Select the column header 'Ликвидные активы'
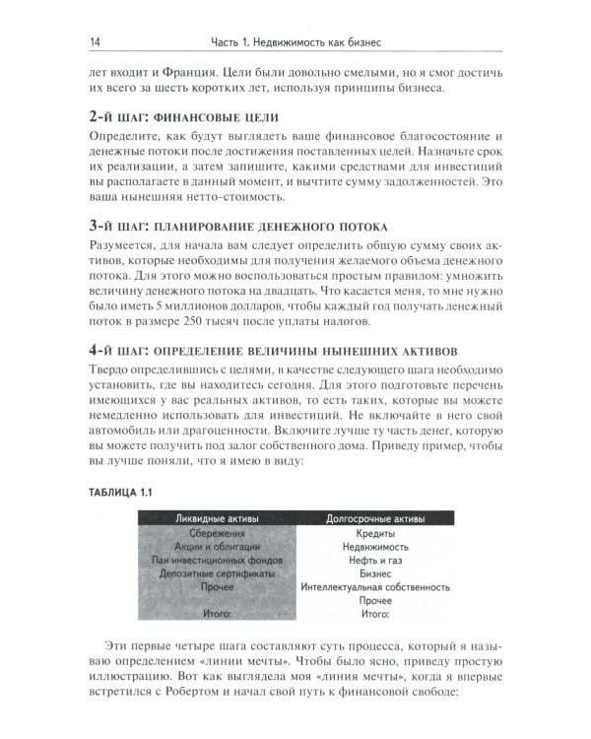(214, 517)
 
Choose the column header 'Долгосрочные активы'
(375, 517)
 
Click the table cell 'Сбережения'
(214, 533)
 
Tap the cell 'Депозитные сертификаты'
(214, 572)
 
